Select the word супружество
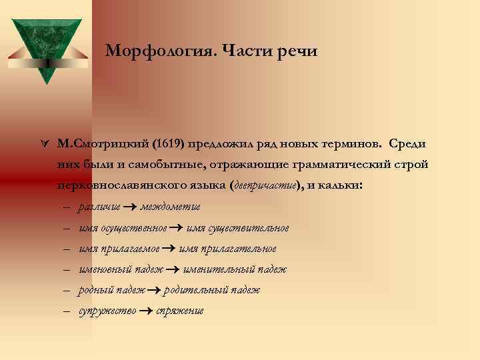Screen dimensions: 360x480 click(x=107, y=311)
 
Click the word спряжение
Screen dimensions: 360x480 click(x=179, y=311)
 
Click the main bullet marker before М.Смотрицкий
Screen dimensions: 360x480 click(x=44, y=144)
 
